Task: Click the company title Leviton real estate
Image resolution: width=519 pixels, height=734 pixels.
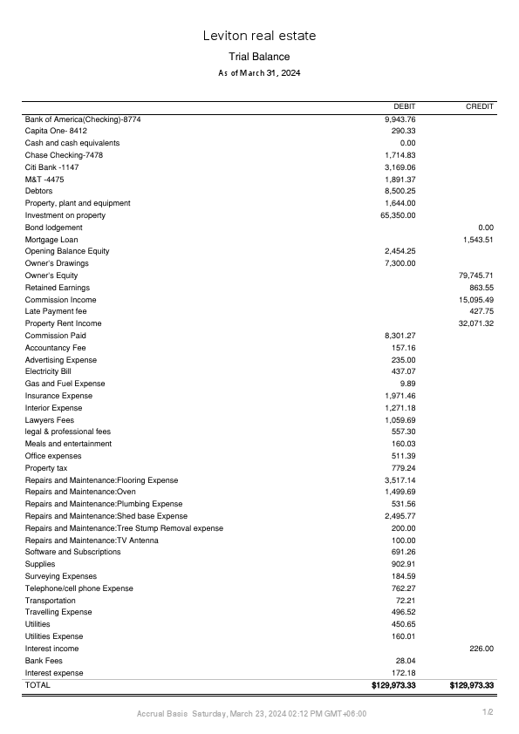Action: [x=259, y=36]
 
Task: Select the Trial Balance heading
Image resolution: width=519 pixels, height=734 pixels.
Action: [x=259, y=57]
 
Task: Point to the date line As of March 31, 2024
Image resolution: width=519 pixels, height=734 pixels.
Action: [x=259, y=73]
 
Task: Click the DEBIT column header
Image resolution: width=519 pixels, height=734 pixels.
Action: [x=405, y=106]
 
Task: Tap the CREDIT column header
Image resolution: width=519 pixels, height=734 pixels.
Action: [x=480, y=106]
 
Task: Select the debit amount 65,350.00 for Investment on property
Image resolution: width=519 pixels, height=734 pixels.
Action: [x=398, y=215]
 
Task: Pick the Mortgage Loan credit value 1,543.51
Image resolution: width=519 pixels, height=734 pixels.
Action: [x=478, y=239]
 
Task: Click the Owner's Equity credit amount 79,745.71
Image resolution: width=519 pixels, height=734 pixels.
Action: [x=476, y=275]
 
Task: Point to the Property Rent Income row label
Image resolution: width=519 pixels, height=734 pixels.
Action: [x=63, y=323]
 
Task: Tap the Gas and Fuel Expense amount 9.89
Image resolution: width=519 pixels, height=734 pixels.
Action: [x=407, y=384]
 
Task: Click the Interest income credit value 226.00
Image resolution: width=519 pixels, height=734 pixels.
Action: [x=482, y=649]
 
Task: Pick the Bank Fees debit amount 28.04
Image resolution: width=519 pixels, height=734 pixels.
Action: [x=405, y=661]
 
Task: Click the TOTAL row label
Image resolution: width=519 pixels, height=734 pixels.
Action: [x=38, y=685]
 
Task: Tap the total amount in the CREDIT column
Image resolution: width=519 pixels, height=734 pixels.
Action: [x=472, y=686]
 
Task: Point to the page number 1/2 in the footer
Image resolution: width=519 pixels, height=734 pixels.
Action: [x=489, y=713]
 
